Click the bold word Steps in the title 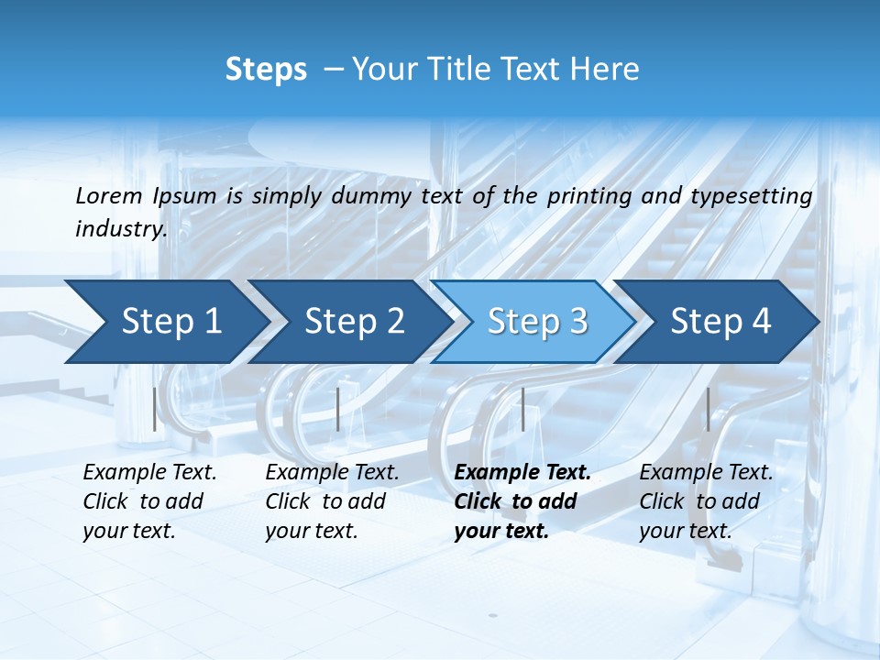point(266,70)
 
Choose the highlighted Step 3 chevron point(537,322)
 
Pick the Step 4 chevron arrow point(720,322)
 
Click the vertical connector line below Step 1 point(155,409)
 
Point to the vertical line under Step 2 point(338,409)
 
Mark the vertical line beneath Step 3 point(522,409)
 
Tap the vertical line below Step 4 point(708,409)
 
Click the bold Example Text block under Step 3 point(522,501)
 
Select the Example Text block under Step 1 point(149,501)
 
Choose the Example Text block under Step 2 point(332,501)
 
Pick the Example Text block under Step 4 point(706,501)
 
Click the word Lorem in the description point(109,196)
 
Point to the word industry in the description point(121,229)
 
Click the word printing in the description point(588,196)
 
